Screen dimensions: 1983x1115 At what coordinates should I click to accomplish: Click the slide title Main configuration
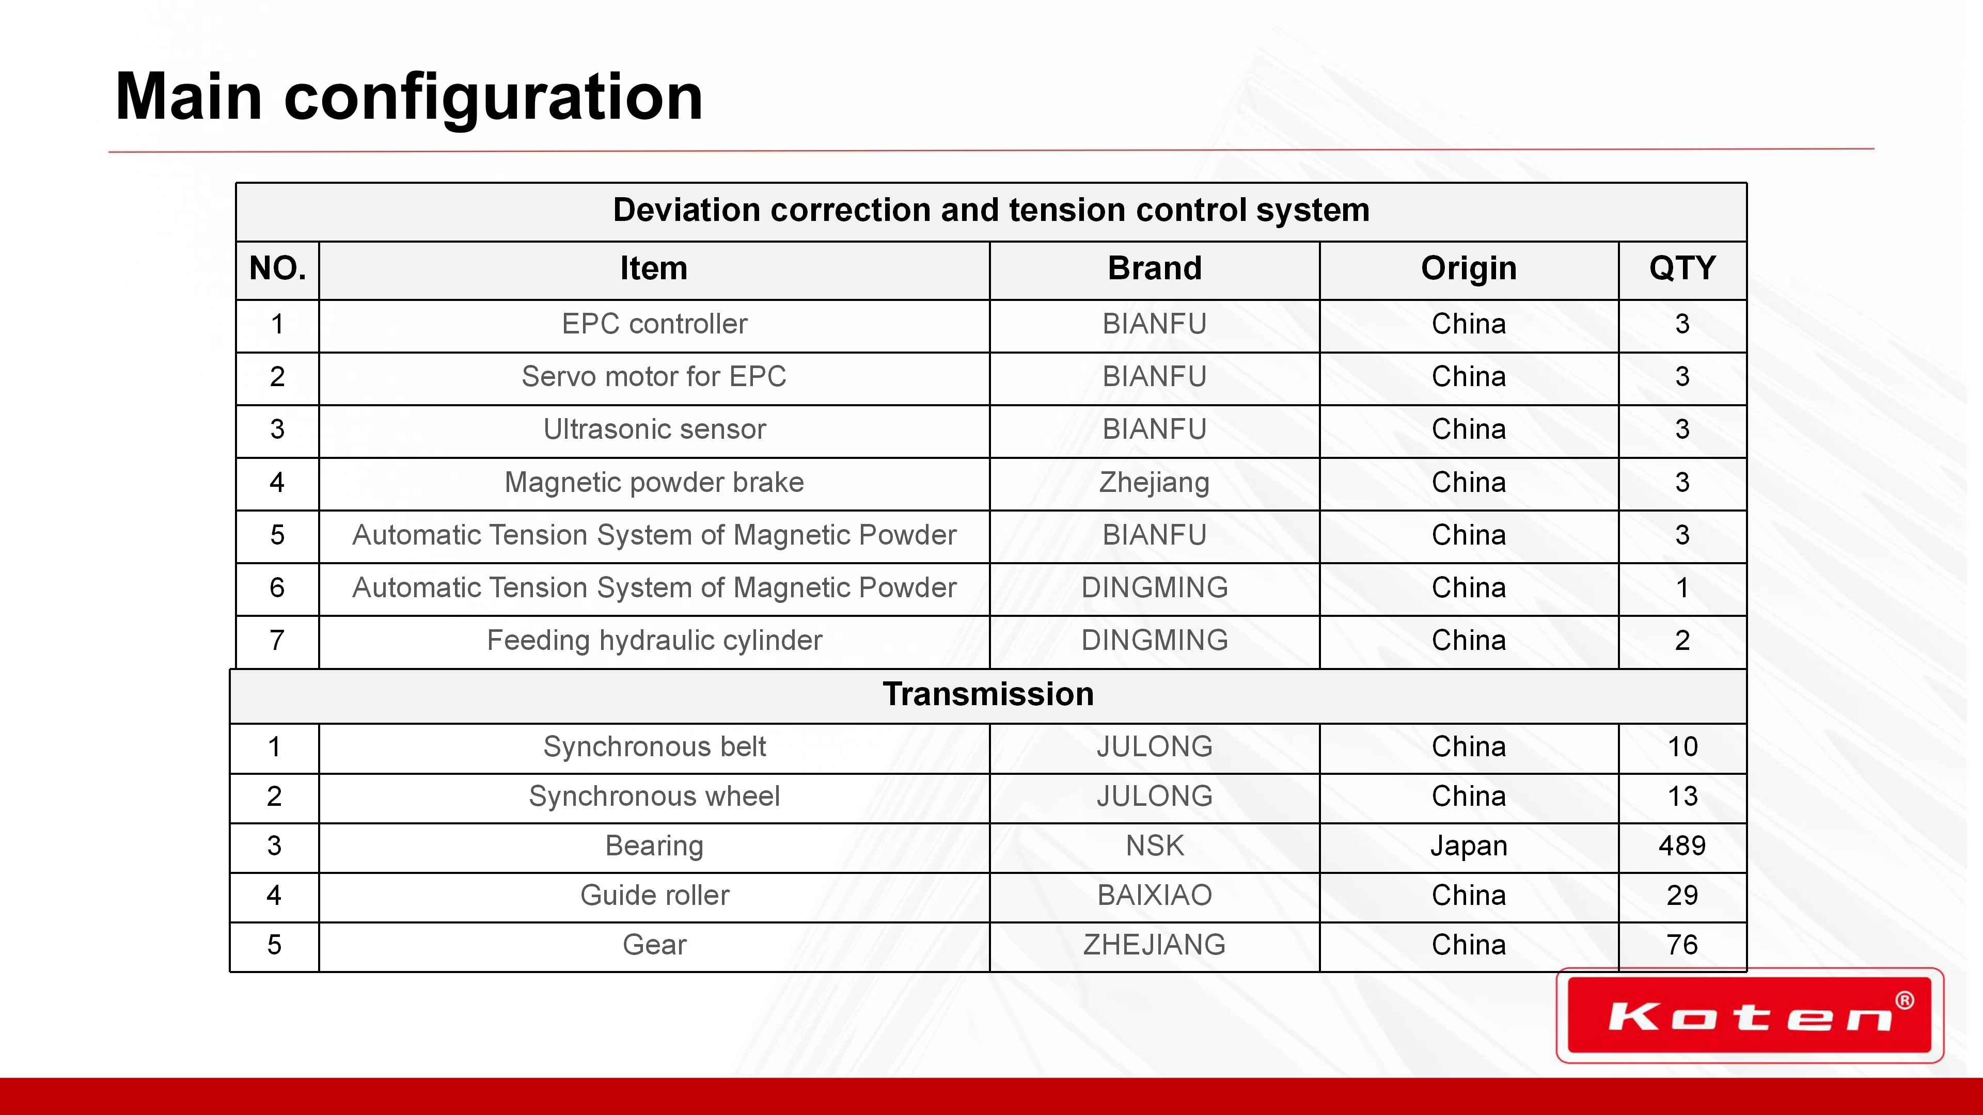tap(409, 97)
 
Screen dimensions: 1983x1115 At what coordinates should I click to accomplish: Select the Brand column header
tap(1155, 268)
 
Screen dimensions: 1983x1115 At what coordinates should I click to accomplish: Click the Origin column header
tap(1469, 268)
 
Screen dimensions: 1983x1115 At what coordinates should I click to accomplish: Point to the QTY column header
tap(1682, 268)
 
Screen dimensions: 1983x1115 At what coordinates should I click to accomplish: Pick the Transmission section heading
tap(988, 694)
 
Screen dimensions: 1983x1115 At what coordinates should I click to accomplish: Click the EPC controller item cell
tap(654, 324)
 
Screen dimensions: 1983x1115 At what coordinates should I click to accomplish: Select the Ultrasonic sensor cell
tap(654, 429)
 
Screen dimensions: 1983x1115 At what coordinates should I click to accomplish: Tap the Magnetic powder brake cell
tap(654, 483)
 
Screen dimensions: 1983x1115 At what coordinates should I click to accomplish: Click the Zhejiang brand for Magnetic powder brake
tap(1155, 483)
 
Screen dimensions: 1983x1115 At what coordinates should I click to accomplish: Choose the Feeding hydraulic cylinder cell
tap(654, 640)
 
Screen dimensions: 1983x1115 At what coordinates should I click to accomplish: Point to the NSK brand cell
tap(1155, 846)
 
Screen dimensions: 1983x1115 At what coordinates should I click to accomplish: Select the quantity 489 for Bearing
tap(1682, 846)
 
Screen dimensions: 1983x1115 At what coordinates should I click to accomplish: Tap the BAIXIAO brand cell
tap(1155, 895)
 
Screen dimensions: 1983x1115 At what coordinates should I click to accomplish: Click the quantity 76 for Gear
tap(1682, 945)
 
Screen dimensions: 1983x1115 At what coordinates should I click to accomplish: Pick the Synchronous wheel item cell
tap(654, 797)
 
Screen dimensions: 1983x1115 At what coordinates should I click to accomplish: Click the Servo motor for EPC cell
tap(654, 377)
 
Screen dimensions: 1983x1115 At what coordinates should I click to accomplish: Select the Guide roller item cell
tap(654, 895)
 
